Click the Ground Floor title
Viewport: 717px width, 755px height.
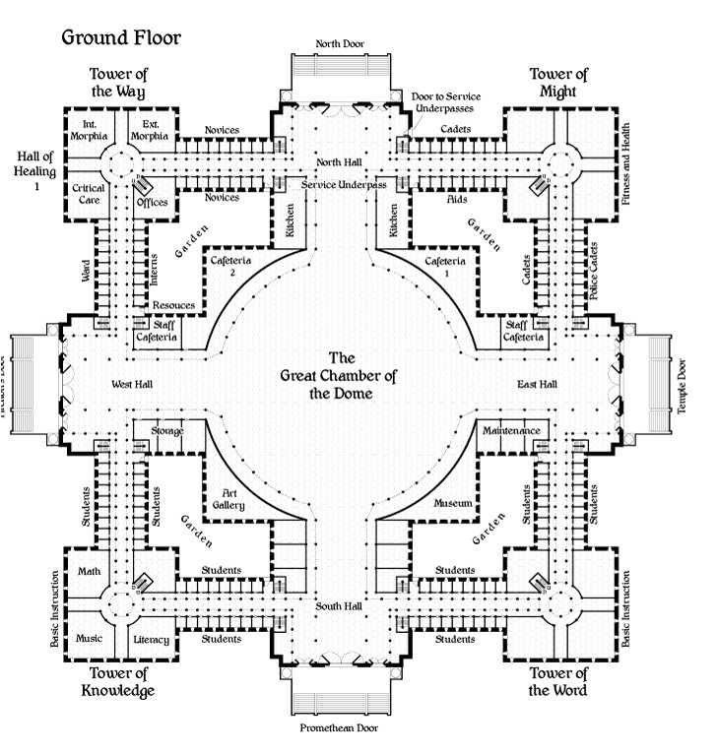pyautogui.click(x=121, y=38)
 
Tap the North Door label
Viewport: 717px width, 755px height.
pyautogui.click(x=342, y=44)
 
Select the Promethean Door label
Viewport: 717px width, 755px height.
pyautogui.click(x=339, y=728)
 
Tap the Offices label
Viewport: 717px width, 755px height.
pyautogui.click(x=153, y=202)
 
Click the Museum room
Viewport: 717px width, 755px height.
pyautogui.click(x=454, y=503)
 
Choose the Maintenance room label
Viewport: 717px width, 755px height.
pyautogui.click(x=510, y=431)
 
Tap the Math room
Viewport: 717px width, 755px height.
pyautogui.click(x=89, y=572)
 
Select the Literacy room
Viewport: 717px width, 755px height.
pyautogui.click(x=151, y=640)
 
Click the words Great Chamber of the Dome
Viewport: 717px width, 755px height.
pyautogui.click(x=338, y=376)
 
